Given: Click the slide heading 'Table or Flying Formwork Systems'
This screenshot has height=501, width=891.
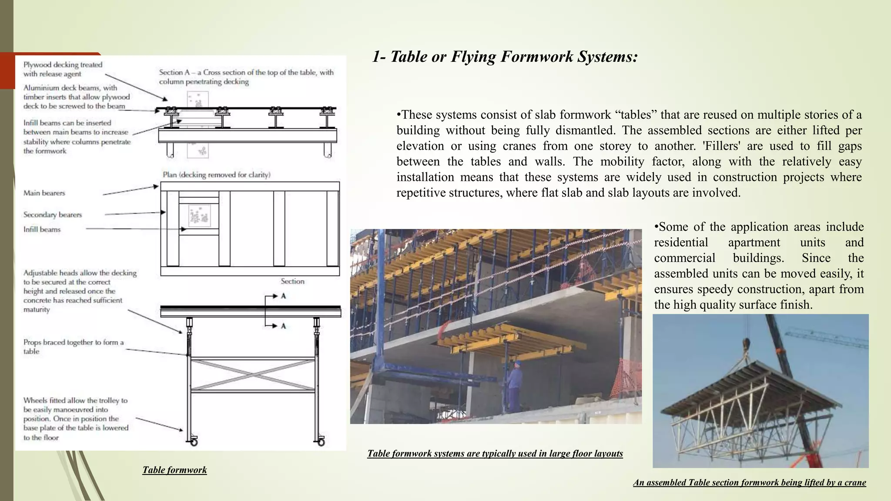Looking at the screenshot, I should tap(505, 57).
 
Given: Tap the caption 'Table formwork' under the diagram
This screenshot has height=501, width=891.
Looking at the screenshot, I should tap(174, 470).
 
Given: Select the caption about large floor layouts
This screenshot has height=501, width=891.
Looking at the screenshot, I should tap(495, 454).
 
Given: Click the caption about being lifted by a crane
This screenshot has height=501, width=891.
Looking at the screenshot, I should tap(749, 482).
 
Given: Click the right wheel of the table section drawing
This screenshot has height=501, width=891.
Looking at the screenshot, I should tap(321, 442).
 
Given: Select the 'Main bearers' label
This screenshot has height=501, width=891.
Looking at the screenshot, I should tap(44, 193).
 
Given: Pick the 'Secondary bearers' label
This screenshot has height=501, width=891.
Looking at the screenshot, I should tap(52, 214).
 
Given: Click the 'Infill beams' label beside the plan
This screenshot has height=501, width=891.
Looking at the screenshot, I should tap(42, 229).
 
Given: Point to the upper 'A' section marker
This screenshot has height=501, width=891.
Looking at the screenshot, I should tap(283, 296).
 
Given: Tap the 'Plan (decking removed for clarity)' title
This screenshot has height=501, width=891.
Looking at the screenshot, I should tap(216, 175).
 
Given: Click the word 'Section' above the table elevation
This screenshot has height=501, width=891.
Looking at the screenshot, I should tap(292, 281).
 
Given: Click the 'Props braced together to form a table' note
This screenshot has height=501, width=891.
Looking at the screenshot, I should tap(73, 347).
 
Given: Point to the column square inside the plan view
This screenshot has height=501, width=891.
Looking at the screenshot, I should tap(199, 216).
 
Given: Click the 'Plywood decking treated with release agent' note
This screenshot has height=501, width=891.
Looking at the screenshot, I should tap(63, 69).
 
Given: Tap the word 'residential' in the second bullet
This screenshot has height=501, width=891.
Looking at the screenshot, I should tap(681, 243).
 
